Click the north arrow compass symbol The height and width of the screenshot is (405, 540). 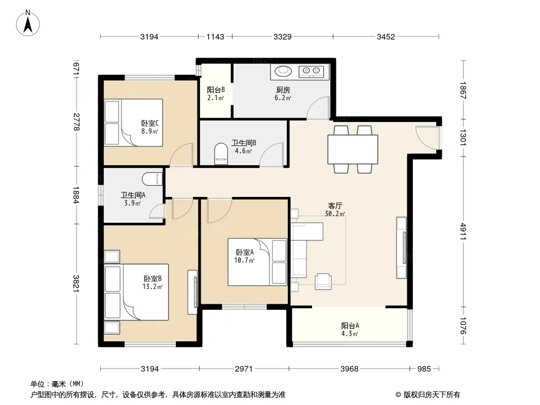tap(28, 23)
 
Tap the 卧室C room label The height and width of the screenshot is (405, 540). tap(150, 123)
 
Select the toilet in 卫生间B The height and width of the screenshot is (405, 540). tap(221, 154)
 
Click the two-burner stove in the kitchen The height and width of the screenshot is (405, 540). tap(312, 71)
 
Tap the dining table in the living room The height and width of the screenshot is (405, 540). tap(353, 149)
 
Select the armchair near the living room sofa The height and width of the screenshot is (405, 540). tap(323, 281)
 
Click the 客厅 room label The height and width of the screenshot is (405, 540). tap(335, 206)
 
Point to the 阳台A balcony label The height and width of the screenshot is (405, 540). tap(350, 326)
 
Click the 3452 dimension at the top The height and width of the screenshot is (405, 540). tap(385, 36)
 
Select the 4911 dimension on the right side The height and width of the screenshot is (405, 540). tap(463, 231)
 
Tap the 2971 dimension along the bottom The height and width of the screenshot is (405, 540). tap(244, 369)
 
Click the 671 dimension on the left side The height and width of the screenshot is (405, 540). tap(76, 68)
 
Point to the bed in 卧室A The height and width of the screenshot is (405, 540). tap(257, 262)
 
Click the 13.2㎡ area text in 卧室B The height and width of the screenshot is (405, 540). tap(152, 287)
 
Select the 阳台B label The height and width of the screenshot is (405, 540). tap(216, 90)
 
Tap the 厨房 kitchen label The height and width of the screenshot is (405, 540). tap(283, 90)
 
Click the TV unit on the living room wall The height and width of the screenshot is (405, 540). tap(402, 248)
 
